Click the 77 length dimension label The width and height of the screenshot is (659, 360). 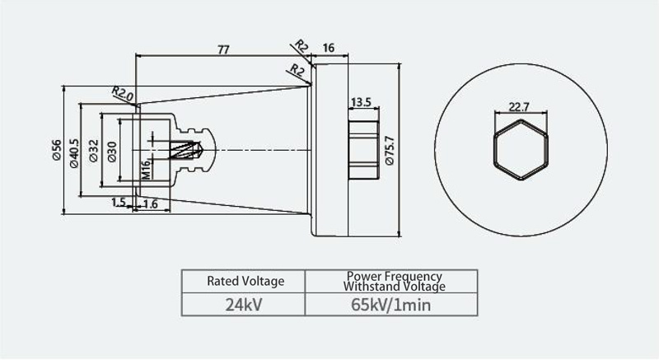click(x=223, y=49)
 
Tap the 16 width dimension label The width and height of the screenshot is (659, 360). click(x=329, y=48)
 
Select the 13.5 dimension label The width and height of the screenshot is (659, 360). click(x=361, y=102)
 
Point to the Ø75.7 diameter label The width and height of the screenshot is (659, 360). click(x=390, y=151)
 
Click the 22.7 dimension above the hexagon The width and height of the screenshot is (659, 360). click(x=519, y=107)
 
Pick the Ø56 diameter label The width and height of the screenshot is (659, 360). click(x=56, y=150)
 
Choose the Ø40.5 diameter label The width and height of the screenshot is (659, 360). click(x=74, y=153)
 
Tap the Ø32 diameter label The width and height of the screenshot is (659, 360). click(x=93, y=151)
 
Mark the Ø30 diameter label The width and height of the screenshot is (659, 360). click(x=112, y=152)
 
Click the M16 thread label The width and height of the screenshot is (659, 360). click(x=146, y=170)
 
